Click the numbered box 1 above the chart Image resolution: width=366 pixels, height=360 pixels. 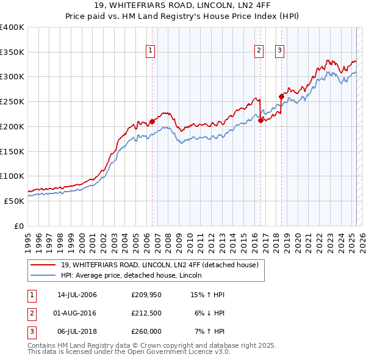tap(150, 51)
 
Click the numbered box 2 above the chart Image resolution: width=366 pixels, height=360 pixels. tap(259, 51)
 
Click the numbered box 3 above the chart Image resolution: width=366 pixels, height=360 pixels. tap(280, 51)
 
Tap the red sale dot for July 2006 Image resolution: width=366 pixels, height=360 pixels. tap(152, 121)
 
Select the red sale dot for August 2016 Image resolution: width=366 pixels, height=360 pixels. tap(260, 120)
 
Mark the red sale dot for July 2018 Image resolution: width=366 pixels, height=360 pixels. tap(281, 96)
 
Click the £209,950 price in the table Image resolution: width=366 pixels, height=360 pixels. tap(146, 295)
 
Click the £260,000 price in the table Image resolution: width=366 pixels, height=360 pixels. tap(146, 331)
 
